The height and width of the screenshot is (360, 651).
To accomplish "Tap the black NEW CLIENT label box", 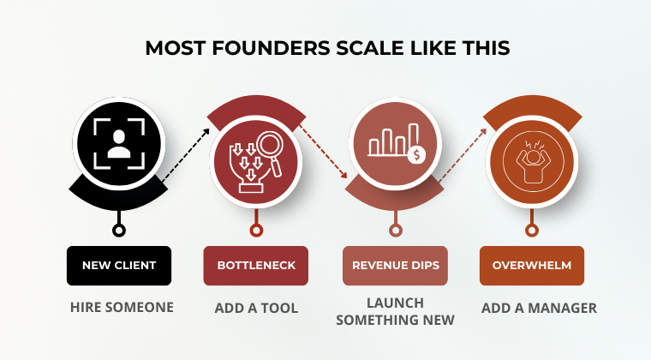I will [x=119, y=266].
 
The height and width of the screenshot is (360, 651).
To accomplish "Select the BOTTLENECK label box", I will [x=255, y=266].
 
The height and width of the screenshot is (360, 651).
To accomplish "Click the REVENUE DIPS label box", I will [x=395, y=266].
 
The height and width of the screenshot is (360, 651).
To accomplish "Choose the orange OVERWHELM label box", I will [x=531, y=266].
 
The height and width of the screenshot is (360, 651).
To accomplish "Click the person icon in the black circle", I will [x=118, y=141].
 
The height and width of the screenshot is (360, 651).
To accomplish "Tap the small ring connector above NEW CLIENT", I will [x=119, y=229].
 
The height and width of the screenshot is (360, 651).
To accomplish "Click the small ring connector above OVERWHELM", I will [x=533, y=229].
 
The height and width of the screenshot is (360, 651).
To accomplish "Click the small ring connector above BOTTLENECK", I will [x=256, y=229].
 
